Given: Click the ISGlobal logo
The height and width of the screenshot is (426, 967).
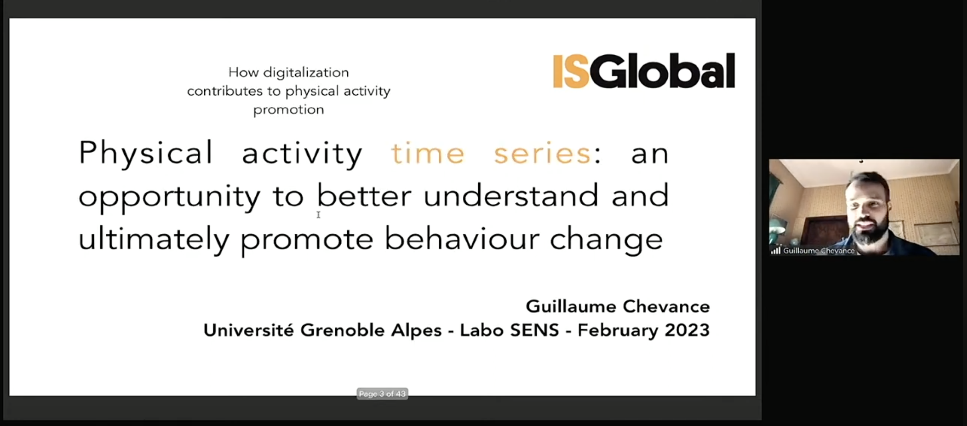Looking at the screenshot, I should pos(643,71).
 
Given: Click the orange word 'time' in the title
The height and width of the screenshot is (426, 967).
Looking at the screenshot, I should pos(428,153).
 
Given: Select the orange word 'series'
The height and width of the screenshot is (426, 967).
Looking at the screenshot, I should pos(542,153).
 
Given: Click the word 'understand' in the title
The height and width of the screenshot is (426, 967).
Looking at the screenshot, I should pos(511,196).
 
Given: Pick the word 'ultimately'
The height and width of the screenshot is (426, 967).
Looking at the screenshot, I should pos(153,239).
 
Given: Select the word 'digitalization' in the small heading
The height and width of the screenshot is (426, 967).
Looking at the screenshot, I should pos(306,72).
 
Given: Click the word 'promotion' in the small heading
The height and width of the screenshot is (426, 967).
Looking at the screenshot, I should pos(289,109).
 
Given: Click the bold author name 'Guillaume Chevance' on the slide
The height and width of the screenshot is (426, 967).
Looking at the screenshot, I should pos(617,307).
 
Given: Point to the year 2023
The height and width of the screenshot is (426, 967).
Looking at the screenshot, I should pos(687,330).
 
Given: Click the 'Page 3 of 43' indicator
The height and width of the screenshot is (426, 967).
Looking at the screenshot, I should pos(382,394).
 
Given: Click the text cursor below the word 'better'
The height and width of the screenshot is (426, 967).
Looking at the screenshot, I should pos(318,215).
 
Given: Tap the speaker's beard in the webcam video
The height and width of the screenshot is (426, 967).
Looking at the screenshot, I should pos(867,236).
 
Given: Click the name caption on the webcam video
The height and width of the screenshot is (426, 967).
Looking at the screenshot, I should pos(818,251).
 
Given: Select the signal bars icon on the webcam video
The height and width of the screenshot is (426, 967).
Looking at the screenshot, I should pos(776,251).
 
